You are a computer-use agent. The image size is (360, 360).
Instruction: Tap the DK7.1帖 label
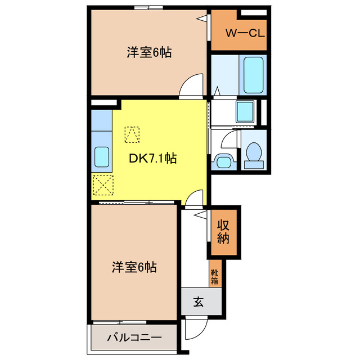pos(153,159)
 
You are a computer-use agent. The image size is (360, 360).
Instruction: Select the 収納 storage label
pos(224,231)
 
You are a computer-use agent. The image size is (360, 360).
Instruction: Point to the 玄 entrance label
pos(199,302)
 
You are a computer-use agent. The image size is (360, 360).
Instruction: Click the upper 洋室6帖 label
pos(148,53)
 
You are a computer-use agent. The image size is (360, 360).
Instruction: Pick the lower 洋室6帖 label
pos(134,267)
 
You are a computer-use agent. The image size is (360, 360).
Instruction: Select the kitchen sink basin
pos(101,156)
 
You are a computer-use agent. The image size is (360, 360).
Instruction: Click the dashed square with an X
pos(103,184)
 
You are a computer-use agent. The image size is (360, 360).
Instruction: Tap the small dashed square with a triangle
pos(132,134)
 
